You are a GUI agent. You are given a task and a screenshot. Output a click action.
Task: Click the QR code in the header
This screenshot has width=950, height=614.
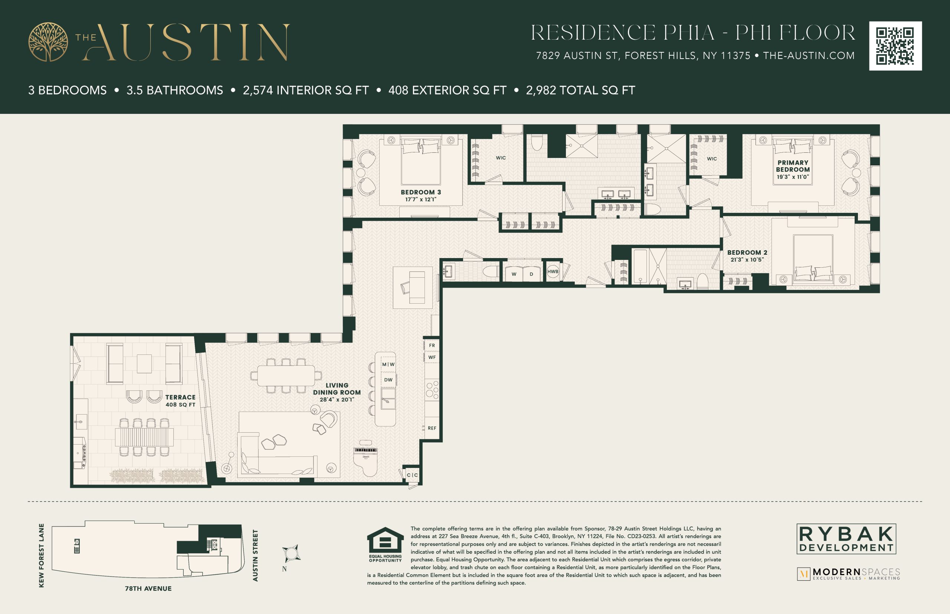(x=895, y=46)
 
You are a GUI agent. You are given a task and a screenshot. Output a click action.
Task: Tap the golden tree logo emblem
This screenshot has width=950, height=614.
(x=48, y=42)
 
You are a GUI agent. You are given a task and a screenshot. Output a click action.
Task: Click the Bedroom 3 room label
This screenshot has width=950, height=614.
(x=421, y=195)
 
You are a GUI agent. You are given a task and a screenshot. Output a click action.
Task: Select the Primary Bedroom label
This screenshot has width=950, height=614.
(x=793, y=169)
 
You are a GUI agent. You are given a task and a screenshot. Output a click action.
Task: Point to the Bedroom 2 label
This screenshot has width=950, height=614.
(x=747, y=256)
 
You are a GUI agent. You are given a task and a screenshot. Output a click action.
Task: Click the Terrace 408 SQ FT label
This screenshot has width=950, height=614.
(x=180, y=401)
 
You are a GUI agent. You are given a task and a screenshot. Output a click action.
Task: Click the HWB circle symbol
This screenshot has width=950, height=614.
(x=553, y=271)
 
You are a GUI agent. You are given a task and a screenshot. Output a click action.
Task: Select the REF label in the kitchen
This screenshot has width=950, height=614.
(x=432, y=428)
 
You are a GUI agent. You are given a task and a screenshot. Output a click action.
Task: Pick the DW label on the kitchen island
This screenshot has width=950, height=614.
(x=388, y=380)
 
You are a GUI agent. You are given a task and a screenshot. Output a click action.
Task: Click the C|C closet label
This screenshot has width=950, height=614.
(x=413, y=475)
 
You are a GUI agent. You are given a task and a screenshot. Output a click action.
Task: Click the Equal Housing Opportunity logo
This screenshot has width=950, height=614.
(x=385, y=545)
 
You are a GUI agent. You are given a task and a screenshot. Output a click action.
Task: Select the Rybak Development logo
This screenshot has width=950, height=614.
(x=846, y=539)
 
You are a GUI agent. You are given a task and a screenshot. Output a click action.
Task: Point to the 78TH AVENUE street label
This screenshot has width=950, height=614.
(x=148, y=588)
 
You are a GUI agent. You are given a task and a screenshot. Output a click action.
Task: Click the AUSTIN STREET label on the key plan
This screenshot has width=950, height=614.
(x=255, y=555)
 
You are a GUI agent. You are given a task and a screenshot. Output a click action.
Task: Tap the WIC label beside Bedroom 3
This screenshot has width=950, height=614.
(x=501, y=158)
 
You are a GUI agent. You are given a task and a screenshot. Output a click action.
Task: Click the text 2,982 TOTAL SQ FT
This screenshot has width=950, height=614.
(x=580, y=90)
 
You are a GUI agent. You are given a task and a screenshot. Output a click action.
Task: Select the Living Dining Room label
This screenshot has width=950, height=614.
(x=337, y=392)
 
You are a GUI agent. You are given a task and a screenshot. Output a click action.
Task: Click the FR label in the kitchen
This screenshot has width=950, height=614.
(x=432, y=346)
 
